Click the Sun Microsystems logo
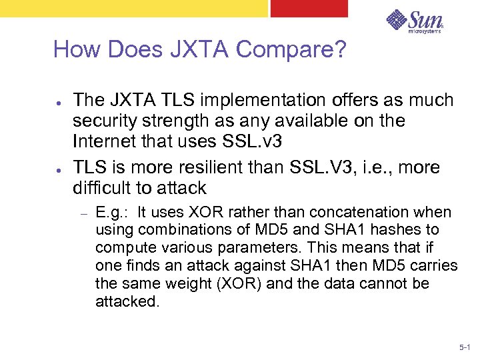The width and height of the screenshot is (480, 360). [x=414, y=22]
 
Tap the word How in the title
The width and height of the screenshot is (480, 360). [x=75, y=50]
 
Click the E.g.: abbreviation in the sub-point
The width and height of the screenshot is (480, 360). [x=113, y=213]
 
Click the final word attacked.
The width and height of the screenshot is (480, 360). [x=127, y=301]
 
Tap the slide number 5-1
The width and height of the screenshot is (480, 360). [x=465, y=348]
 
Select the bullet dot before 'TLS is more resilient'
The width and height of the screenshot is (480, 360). [x=59, y=168]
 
